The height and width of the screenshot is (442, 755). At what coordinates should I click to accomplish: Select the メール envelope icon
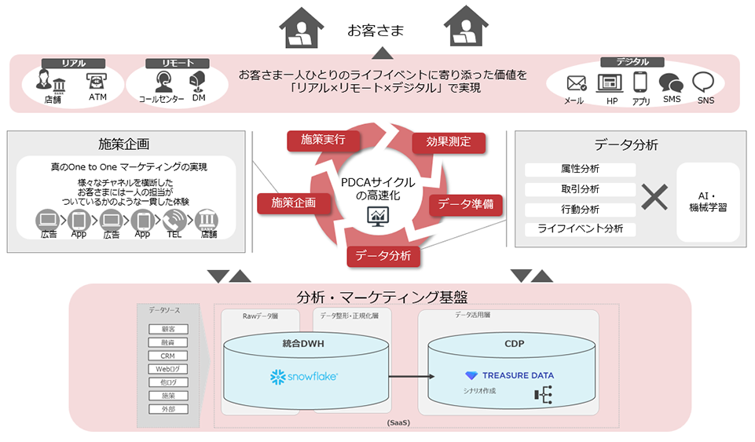point(577,82)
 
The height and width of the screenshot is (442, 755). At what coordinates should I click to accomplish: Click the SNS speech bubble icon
point(703,82)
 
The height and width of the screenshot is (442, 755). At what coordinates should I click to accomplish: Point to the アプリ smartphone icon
point(640,82)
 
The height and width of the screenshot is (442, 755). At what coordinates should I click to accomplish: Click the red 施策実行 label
point(322,140)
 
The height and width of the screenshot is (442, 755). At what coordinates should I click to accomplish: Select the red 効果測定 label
point(449,142)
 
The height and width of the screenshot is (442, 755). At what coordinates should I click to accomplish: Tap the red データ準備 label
point(465,204)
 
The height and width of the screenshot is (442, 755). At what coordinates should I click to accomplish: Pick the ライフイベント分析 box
point(581,228)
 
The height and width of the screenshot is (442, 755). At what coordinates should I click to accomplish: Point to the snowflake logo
point(304,377)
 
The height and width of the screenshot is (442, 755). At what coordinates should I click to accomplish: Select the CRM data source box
point(167,356)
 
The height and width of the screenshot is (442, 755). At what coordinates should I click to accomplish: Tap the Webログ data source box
point(167,369)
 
